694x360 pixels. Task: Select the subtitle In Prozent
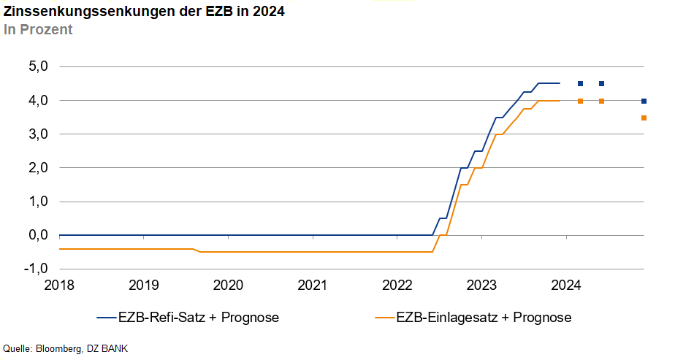tap(38, 30)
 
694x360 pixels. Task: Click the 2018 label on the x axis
tap(59, 284)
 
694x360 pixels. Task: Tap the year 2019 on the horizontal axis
tap(144, 284)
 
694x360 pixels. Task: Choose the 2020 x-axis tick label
tap(228, 284)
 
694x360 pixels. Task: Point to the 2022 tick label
tap(397, 284)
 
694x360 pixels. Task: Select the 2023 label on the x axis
tap(482, 284)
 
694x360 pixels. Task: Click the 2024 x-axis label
tap(566, 284)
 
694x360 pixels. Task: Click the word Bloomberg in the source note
tap(58, 348)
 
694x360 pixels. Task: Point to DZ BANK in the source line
tap(107, 348)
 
